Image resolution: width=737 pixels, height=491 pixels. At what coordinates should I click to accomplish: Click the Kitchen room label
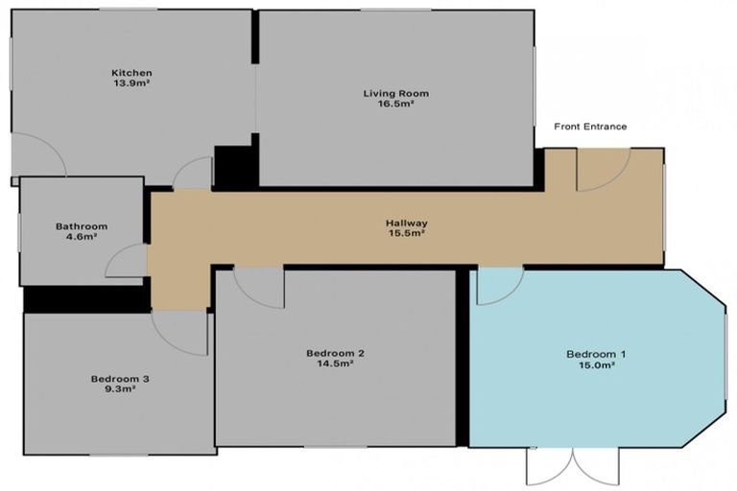click(131, 73)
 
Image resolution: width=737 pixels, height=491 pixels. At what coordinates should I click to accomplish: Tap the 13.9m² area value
click(131, 83)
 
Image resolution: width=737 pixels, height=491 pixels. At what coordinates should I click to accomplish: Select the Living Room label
click(395, 93)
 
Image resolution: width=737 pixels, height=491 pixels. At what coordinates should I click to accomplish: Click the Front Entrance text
click(590, 127)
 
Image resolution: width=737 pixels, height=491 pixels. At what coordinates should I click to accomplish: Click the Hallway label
click(407, 222)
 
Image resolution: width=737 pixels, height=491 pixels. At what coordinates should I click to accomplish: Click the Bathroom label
click(82, 226)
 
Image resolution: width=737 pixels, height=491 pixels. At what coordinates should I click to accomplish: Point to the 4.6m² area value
click(82, 237)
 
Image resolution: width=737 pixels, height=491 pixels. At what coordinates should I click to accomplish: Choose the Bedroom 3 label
click(120, 379)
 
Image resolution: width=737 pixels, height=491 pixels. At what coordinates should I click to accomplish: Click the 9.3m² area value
click(120, 389)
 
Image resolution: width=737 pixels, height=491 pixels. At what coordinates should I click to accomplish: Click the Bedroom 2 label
click(335, 353)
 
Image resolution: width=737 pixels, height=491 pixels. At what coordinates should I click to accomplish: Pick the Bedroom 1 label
click(596, 354)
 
